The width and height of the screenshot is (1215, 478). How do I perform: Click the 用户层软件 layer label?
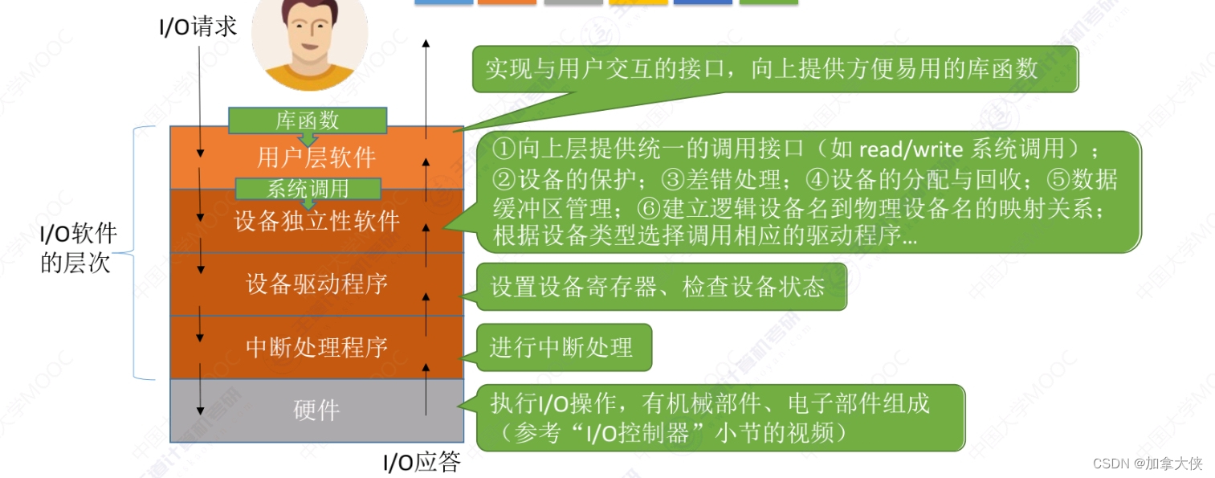(x=316, y=157)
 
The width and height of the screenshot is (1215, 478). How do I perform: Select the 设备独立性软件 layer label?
(x=316, y=221)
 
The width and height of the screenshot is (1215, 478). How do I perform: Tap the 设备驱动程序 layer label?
(x=316, y=284)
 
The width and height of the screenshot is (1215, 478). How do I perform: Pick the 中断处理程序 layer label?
(x=316, y=347)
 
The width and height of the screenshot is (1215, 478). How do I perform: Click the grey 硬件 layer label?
(x=316, y=411)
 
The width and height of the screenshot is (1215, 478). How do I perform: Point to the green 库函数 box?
(x=308, y=121)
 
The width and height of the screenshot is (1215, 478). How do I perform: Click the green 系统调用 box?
(x=308, y=189)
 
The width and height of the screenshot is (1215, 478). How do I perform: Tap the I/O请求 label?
(x=198, y=27)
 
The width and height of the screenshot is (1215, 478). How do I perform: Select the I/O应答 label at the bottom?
(x=421, y=463)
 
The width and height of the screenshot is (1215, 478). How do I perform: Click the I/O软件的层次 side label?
(x=79, y=248)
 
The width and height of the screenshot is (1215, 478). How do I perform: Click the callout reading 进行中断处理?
(x=561, y=347)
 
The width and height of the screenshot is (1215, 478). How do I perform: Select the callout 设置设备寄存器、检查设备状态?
(x=658, y=287)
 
